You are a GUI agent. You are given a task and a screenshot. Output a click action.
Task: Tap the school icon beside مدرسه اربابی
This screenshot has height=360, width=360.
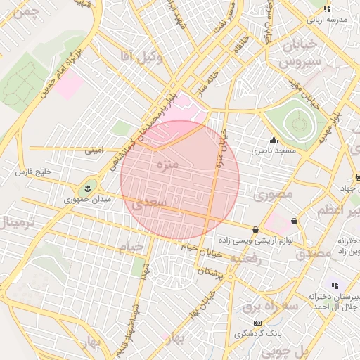coord(326,9)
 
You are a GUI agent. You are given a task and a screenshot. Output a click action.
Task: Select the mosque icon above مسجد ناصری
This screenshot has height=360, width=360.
coord(274,139)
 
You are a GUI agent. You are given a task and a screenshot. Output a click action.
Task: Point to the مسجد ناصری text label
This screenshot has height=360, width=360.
coord(276,151)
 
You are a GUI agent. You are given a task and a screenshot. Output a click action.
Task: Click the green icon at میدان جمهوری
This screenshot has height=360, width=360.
coord(88,188)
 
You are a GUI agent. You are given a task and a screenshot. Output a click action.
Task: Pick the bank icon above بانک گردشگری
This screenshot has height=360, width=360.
coord(257,321)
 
